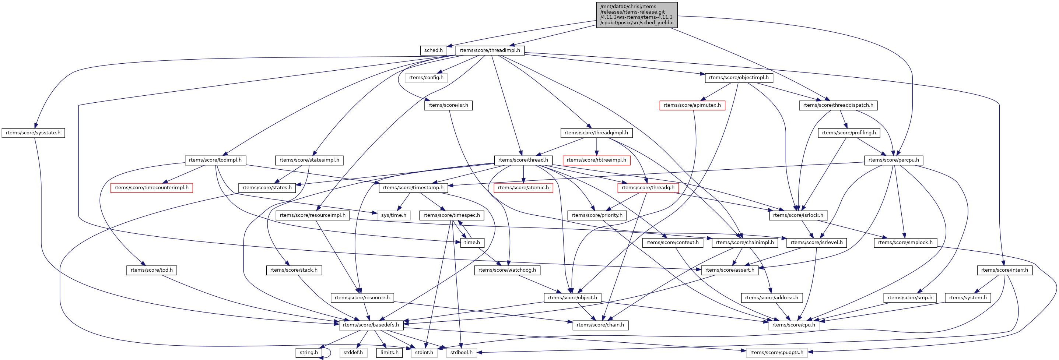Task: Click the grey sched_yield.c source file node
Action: click(x=637, y=15)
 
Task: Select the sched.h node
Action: click(x=433, y=50)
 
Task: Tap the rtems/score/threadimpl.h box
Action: click(x=490, y=50)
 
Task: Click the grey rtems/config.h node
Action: click(x=426, y=78)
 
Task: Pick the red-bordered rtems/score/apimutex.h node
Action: click(x=692, y=105)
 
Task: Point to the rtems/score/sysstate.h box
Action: click(x=33, y=133)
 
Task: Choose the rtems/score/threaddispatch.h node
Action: click(x=838, y=105)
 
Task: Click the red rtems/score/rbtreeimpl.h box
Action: click(x=596, y=160)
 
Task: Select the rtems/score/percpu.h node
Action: click(x=894, y=160)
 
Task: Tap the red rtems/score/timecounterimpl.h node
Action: click(x=151, y=188)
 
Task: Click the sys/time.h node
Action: click(x=393, y=215)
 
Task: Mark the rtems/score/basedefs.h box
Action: click(x=371, y=325)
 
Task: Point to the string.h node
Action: click(x=309, y=353)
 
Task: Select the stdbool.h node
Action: click(x=461, y=353)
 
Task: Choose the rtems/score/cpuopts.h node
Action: click(x=776, y=353)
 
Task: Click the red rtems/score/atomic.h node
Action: click(x=523, y=188)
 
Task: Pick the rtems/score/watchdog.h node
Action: click(x=507, y=270)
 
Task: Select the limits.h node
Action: click(x=389, y=353)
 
